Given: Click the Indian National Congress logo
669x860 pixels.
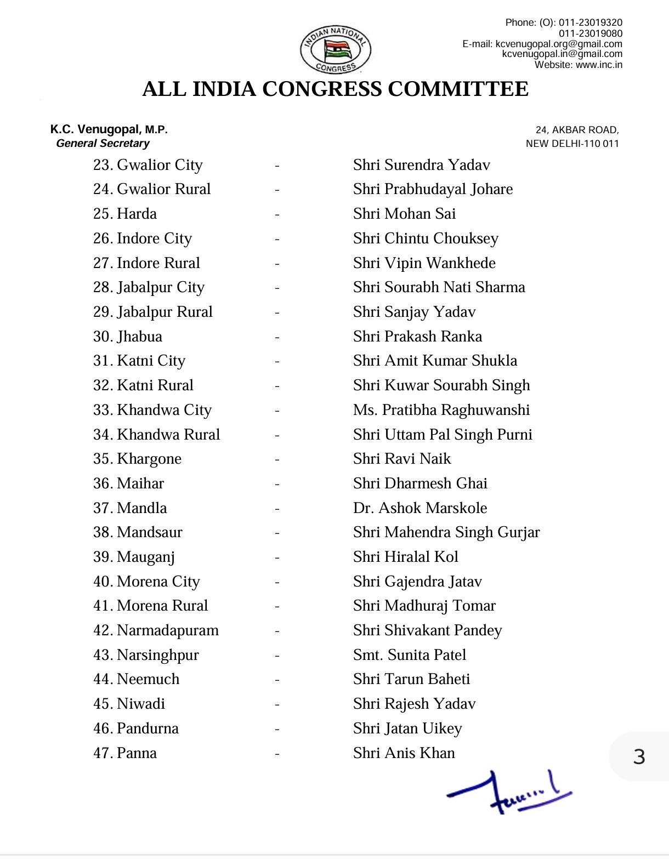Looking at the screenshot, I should coord(335,50).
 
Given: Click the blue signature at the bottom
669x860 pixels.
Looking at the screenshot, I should coord(509,793).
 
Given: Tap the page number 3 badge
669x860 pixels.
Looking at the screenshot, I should coord(639,757).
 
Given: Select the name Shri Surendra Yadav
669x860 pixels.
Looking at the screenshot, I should coord(421,165).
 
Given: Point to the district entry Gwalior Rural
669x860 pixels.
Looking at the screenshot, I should coord(152,189).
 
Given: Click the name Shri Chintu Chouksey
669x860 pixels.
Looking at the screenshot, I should coord(426,238).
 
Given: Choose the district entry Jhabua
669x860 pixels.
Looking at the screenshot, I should coord(128,337).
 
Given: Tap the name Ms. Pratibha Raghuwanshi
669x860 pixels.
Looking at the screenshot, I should coord(441,410).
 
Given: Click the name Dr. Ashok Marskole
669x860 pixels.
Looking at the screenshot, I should coord(420,508).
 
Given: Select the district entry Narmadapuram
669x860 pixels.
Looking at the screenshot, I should coord(156,630).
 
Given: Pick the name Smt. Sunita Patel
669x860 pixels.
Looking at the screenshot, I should coord(410,655).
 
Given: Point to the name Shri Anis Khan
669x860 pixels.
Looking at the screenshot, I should coord(404,753).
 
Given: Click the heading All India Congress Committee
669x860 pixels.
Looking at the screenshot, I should coord(335,89).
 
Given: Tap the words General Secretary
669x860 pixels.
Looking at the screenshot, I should coord(103,144).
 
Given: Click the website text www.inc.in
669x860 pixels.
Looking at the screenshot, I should coord(599,65).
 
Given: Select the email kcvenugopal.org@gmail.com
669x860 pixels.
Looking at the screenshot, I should coord(559,44).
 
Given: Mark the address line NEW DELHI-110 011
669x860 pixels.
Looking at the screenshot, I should coord(572,144).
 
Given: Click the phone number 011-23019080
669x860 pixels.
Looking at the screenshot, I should coord(591,33).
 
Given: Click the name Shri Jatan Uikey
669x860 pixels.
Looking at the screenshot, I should coord(407,728).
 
